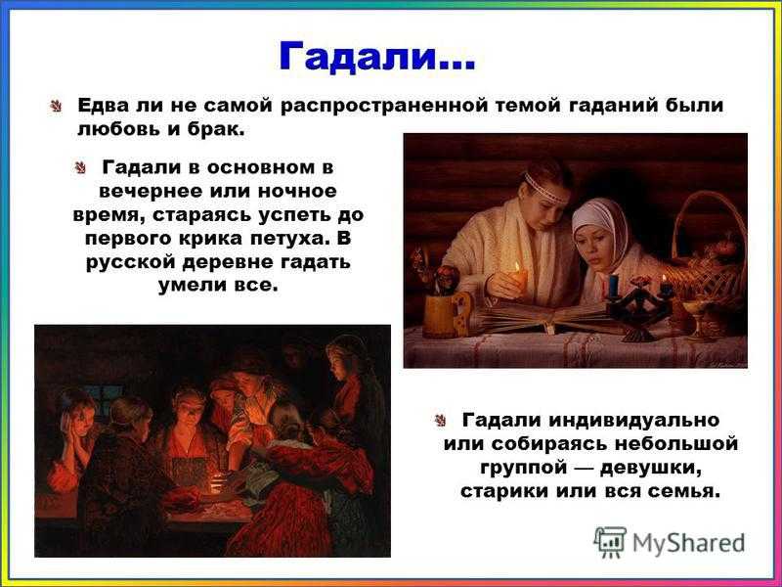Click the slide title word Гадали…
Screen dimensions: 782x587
tap(377, 56)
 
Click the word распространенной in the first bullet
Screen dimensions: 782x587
tap(386, 106)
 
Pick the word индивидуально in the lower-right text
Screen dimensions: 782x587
tap(633, 421)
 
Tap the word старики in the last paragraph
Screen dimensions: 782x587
tap(503, 491)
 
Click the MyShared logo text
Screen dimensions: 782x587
tap(689, 543)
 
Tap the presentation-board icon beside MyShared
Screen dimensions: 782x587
tap(609, 542)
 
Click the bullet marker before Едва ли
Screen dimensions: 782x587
tap(56, 106)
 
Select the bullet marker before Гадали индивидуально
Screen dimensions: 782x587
tap(441, 421)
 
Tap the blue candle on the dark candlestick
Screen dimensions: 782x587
tap(612, 286)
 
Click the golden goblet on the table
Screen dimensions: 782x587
tap(697, 320)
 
